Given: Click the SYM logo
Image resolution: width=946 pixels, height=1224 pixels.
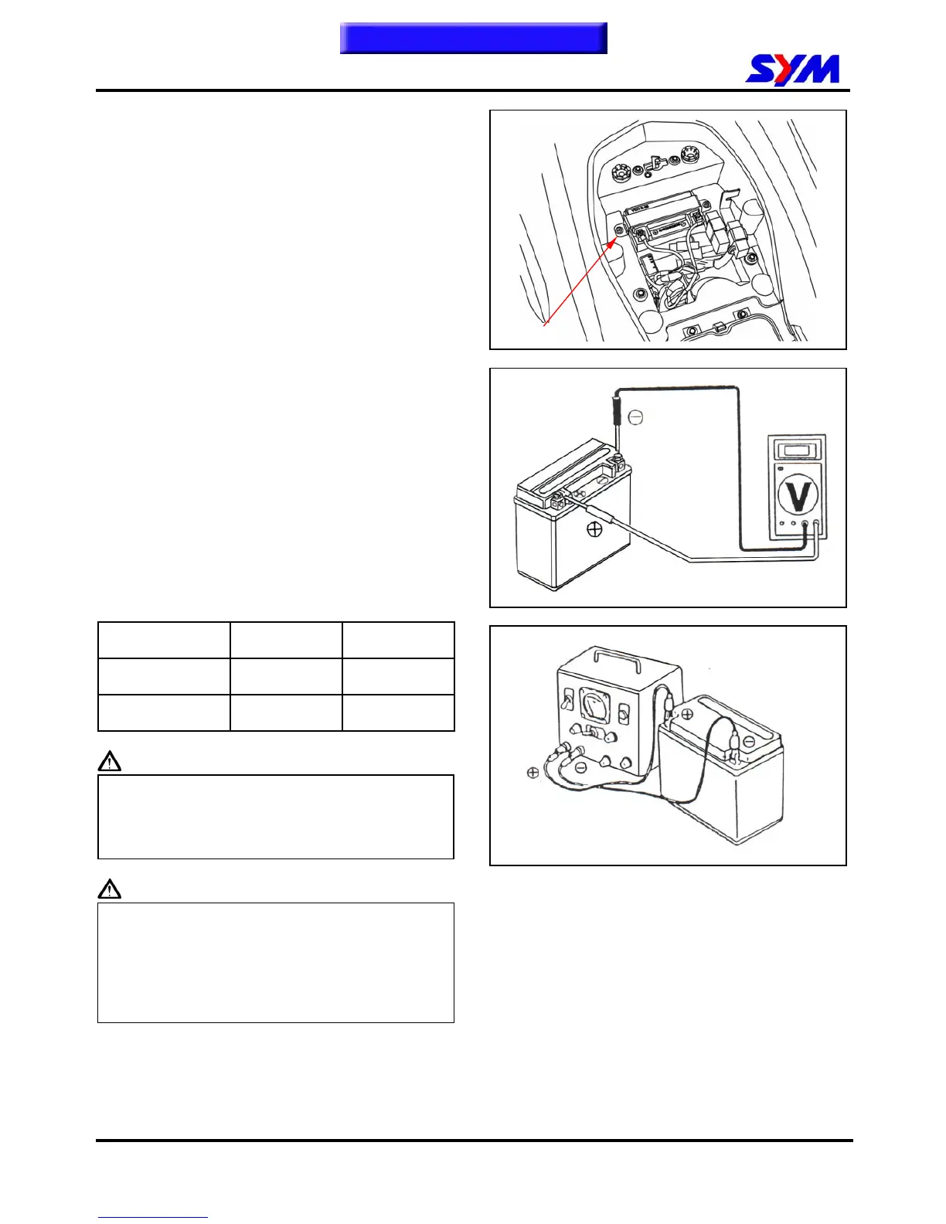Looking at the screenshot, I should tap(792, 70).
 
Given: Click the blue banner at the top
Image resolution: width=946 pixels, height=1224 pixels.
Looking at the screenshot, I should tap(473, 38).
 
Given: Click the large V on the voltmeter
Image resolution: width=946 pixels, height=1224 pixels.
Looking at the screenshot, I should tap(797, 495).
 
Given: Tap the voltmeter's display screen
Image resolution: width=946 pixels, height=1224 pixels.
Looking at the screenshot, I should tap(796, 450).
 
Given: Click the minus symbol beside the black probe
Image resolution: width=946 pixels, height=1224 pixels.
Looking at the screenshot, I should tap(635, 418).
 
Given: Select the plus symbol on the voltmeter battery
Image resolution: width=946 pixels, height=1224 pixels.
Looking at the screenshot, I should tap(594, 529).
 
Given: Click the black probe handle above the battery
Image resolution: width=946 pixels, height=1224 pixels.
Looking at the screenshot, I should tap(616, 409).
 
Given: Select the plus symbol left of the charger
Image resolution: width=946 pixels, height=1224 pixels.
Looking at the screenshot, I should tap(533, 772).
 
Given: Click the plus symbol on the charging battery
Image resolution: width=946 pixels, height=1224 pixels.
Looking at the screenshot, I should tap(686, 714).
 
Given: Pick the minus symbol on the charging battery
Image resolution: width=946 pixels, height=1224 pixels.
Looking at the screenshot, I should tap(749, 742).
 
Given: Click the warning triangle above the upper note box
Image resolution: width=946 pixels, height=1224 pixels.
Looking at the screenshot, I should tap(110, 762).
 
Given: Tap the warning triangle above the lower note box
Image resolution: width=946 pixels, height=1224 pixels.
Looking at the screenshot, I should tap(110, 889).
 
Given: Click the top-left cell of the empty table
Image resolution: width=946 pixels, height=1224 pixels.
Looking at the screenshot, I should tap(164, 640).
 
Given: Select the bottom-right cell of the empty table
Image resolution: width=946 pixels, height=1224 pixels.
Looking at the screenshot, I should tap(398, 712).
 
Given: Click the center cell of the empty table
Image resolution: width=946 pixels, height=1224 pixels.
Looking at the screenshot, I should tap(286, 676).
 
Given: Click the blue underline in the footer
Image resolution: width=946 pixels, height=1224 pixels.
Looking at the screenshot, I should tap(152, 1217).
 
